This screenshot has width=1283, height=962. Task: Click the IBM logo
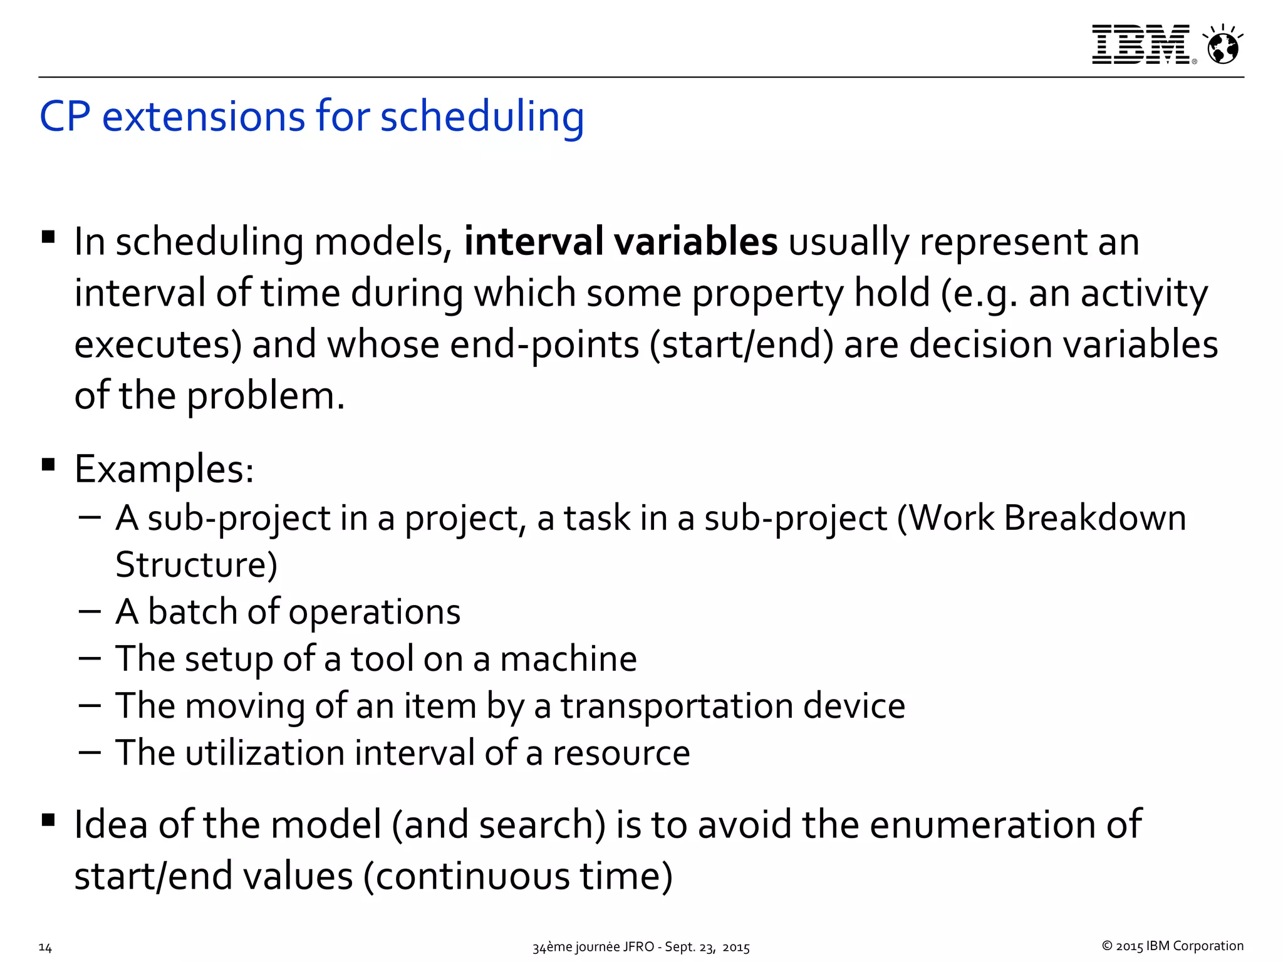tap(1141, 44)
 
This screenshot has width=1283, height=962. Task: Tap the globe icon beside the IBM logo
tap(1223, 46)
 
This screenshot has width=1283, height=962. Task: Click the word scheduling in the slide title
tap(482, 117)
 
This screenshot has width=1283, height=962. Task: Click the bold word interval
tap(533, 242)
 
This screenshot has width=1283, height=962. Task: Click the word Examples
tap(164, 469)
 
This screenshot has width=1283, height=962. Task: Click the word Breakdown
tap(1094, 519)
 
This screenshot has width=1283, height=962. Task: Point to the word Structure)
tap(196, 564)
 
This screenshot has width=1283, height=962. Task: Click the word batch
tap(193, 611)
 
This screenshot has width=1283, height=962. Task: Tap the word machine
tap(568, 659)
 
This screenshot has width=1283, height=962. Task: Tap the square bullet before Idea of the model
tap(48, 820)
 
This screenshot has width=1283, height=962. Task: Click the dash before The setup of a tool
tap(90, 658)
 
